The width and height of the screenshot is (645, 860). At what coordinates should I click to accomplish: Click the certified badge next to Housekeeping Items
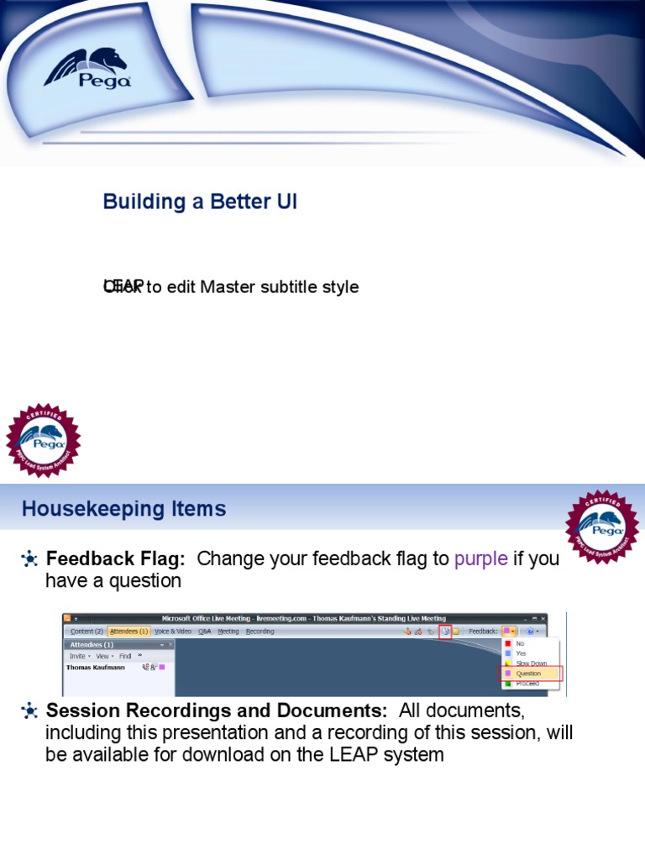pyautogui.click(x=602, y=527)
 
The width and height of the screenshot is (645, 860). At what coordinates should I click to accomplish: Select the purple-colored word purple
pyautogui.click(x=480, y=559)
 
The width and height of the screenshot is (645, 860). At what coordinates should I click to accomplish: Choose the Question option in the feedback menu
pyautogui.click(x=529, y=674)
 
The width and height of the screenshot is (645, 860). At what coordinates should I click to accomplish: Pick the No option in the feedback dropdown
pyautogui.click(x=520, y=643)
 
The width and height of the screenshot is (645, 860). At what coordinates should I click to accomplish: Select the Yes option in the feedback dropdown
pyautogui.click(x=521, y=653)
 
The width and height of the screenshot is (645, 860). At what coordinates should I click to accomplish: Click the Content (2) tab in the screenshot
pyautogui.click(x=87, y=631)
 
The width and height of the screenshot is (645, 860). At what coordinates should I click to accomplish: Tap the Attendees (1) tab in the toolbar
pyautogui.click(x=128, y=631)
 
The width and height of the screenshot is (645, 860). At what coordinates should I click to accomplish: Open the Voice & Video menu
pyautogui.click(x=174, y=631)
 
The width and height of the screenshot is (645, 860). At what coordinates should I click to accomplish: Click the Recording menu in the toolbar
pyautogui.click(x=260, y=631)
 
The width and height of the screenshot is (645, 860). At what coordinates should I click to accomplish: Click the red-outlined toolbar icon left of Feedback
pyautogui.click(x=445, y=632)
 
